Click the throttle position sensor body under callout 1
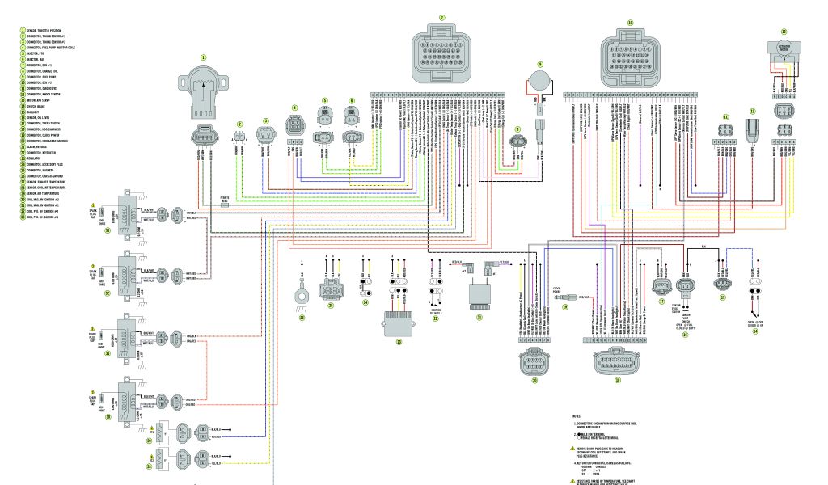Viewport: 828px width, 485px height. pos(204,92)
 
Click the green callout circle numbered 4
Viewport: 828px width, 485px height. pos(294,108)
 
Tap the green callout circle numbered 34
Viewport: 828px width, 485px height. pos(755,329)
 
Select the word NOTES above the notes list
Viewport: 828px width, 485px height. pos(577,416)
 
